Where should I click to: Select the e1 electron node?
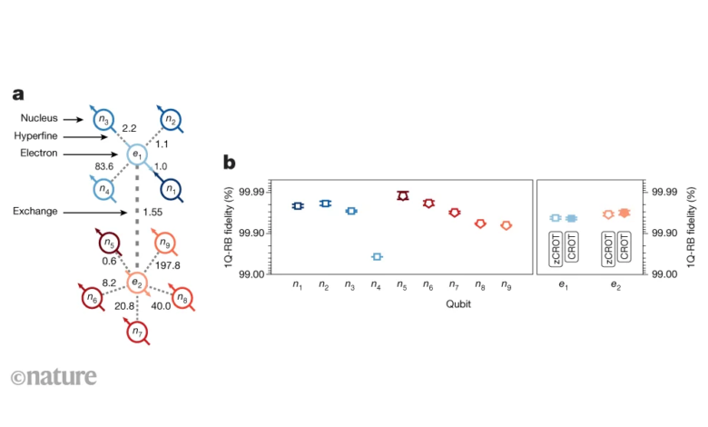click(x=137, y=154)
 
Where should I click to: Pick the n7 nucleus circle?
click(x=137, y=333)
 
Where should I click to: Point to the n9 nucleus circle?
click(x=165, y=243)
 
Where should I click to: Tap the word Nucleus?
click(x=39, y=117)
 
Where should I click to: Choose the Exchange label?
click(x=34, y=211)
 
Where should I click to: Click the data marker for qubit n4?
click(x=377, y=256)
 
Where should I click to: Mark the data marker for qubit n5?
click(x=403, y=195)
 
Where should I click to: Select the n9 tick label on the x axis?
click(x=506, y=285)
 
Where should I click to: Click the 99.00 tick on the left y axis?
click(x=252, y=273)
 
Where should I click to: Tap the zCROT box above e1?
click(x=556, y=248)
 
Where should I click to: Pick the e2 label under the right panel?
click(x=616, y=285)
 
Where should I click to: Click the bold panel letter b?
click(x=230, y=163)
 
